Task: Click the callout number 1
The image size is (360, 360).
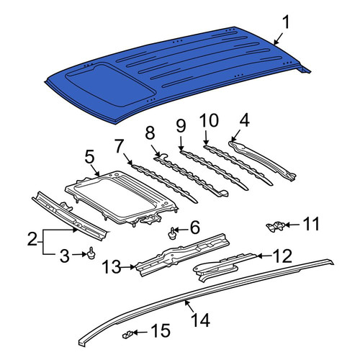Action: point(286,23)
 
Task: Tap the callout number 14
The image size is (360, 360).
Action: point(201,320)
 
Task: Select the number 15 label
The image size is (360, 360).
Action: point(161,332)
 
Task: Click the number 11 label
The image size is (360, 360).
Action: point(312,224)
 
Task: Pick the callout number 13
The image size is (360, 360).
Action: point(112,266)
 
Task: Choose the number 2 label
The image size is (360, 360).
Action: point(32,238)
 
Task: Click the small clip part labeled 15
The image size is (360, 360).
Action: point(127,334)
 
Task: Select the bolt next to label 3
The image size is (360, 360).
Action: point(91,253)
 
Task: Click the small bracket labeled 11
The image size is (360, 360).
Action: point(276,226)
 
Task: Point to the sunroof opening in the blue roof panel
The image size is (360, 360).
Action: point(109,85)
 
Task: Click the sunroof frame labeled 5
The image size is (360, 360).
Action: point(121,197)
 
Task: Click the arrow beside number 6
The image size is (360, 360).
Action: point(183,230)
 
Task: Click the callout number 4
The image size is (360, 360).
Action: point(244,120)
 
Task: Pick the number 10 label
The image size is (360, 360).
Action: point(209,120)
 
